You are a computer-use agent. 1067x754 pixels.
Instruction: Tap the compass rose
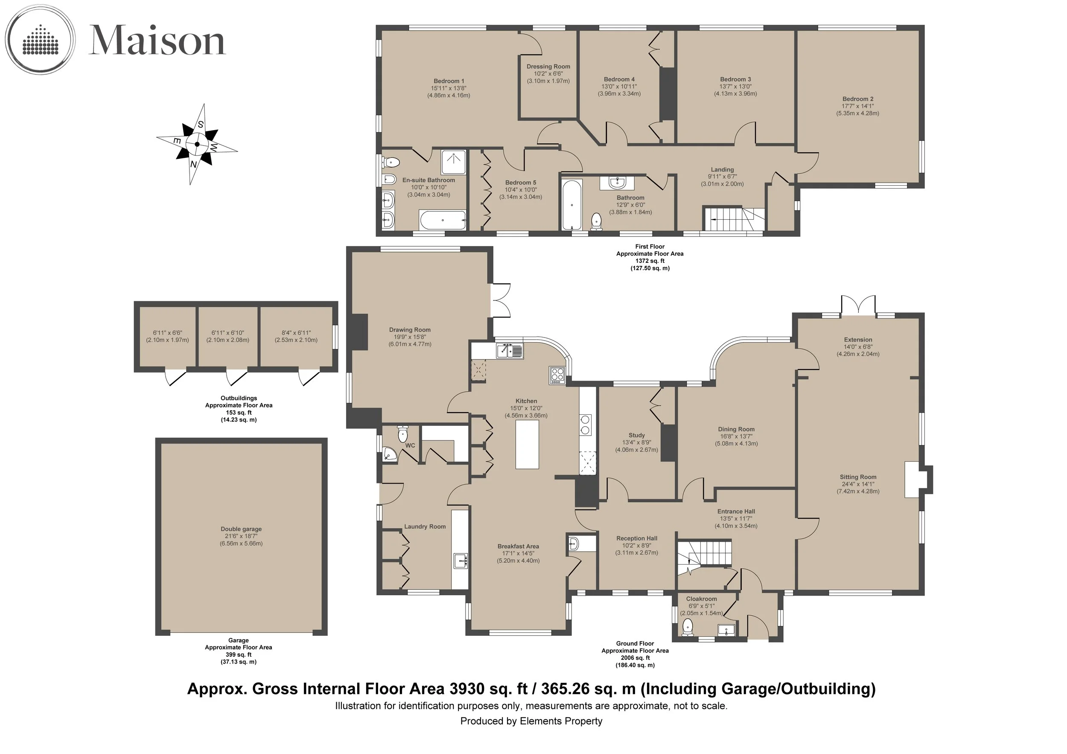197,144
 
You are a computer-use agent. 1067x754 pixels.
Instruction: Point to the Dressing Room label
548,67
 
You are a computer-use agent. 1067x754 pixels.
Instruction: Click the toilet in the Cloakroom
687,629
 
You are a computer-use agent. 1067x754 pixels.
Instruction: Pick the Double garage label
241,529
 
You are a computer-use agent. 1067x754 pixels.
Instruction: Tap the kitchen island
527,445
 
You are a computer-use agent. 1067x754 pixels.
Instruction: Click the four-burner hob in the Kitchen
557,376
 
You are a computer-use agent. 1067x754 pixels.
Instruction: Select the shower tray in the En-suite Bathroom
453,163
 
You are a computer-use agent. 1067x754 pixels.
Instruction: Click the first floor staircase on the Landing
734,219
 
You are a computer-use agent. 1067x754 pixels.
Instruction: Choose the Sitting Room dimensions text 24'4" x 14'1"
858,484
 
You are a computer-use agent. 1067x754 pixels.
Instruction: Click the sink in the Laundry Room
461,561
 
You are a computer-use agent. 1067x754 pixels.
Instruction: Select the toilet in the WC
403,434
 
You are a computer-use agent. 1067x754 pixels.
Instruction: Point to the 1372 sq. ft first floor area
650,261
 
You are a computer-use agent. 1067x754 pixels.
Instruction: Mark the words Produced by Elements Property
531,721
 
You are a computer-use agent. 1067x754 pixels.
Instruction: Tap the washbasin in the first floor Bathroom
617,182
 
